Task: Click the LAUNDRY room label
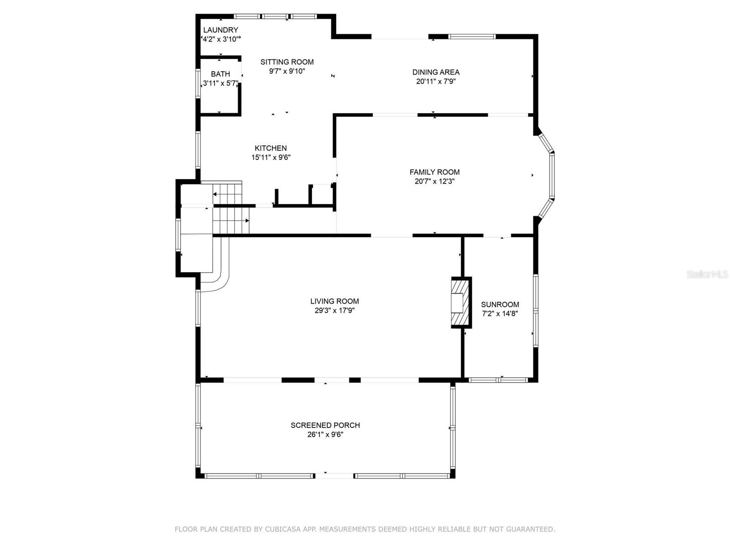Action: click(220, 30)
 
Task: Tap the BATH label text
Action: click(220, 74)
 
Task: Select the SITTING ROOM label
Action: click(287, 62)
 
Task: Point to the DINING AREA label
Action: click(436, 72)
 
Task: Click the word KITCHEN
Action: click(271, 148)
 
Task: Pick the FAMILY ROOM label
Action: click(434, 172)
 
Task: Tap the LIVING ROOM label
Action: click(334, 301)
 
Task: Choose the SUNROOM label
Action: click(500, 305)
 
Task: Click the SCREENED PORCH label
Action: click(325, 425)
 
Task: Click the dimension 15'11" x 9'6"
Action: click(271, 158)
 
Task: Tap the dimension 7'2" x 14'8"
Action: click(500, 313)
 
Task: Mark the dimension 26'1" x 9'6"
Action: click(325, 435)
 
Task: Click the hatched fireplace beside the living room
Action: click(461, 302)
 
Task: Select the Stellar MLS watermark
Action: click(707, 274)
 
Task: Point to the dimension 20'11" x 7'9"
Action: click(436, 82)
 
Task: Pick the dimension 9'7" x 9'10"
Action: click(287, 71)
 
